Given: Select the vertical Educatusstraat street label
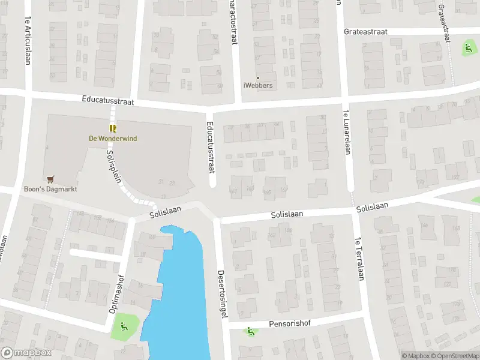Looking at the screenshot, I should [x=211, y=147].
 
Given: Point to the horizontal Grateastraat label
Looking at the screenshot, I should [x=365, y=31].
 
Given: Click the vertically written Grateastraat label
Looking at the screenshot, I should [x=445, y=22].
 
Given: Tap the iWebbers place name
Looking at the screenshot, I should [x=258, y=85].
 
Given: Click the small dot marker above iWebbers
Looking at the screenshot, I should [x=258, y=77].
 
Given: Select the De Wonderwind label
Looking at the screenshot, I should [x=113, y=139].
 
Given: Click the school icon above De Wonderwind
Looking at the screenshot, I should [x=112, y=128].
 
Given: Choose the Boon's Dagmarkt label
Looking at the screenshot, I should [x=50, y=189].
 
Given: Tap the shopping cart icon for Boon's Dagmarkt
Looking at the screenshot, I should [x=50, y=179].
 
